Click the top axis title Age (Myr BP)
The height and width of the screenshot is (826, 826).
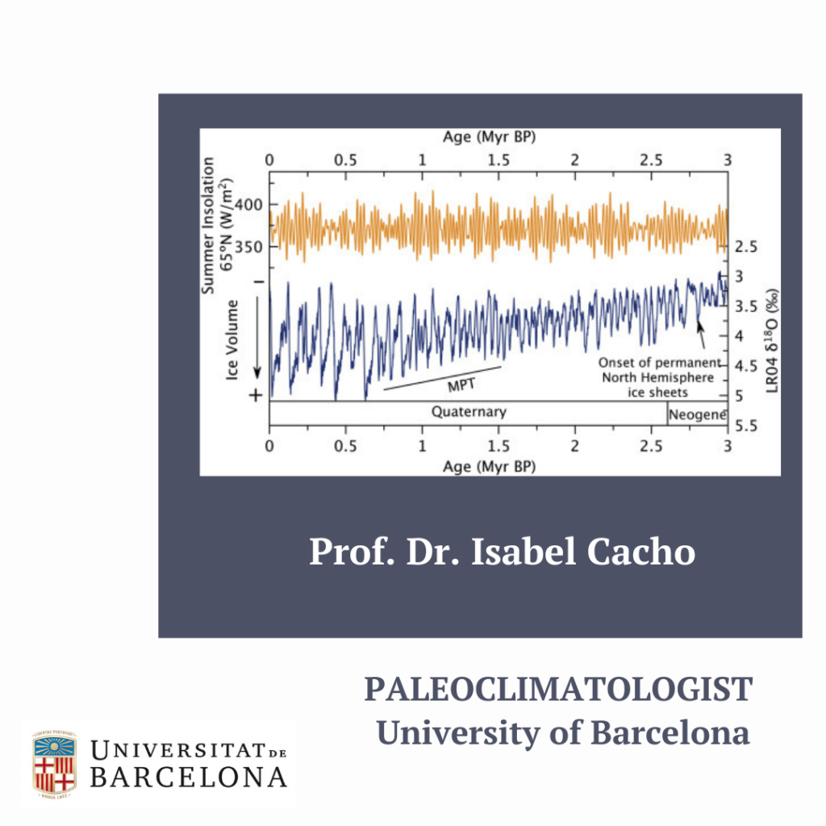click(x=489, y=137)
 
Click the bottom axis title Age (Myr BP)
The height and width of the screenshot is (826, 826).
click(x=489, y=467)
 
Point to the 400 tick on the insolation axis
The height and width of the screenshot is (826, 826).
click(x=248, y=204)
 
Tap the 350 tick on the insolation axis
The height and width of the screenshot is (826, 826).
click(x=248, y=247)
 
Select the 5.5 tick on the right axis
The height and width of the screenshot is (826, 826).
click(x=746, y=426)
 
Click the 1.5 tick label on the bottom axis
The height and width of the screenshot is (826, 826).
click(x=499, y=446)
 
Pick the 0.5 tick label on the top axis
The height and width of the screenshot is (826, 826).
click(x=345, y=161)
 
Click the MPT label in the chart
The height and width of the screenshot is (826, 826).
click(x=461, y=385)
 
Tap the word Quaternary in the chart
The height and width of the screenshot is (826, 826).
click(x=469, y=411)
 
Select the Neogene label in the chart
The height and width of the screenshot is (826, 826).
click(x=698, y=415)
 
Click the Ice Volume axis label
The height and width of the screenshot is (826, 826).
click(x=232, y=340)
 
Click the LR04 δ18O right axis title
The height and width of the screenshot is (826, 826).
click(x=772, y=341)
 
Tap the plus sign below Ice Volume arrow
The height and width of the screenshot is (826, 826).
click(x=256, y=395)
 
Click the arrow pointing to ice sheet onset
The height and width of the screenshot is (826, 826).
click(x=701, y=335)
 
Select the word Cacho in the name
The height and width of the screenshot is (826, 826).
click(x=640, y=552)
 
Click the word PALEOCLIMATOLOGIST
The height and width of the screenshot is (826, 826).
click(x=558, y=689)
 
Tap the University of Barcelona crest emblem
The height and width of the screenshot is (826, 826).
click(x=55, y=764)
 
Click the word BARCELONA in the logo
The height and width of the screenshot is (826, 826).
click(x=189, y=778)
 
